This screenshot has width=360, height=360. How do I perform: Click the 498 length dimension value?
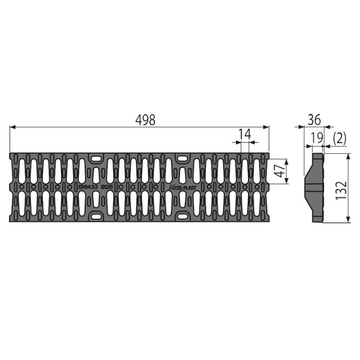click(x=145, y=120)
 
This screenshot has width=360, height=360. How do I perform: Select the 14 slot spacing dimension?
click(x=245, y=134)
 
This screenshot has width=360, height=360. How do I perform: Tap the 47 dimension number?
click(x=279, y=171)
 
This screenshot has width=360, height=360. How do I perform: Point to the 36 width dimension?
click(x=314, y=120)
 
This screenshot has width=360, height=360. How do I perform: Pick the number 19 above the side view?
click(x=317, y=138)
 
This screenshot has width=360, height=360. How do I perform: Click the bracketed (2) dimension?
click(x=339, y=139)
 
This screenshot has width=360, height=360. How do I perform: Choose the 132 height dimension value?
click(x=341, y=190)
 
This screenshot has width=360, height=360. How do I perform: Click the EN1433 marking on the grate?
click(x=88, y=187)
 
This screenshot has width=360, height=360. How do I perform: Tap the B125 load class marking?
click(x=107, y=187)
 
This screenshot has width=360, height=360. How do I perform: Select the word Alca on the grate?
click(x=176, y=188)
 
